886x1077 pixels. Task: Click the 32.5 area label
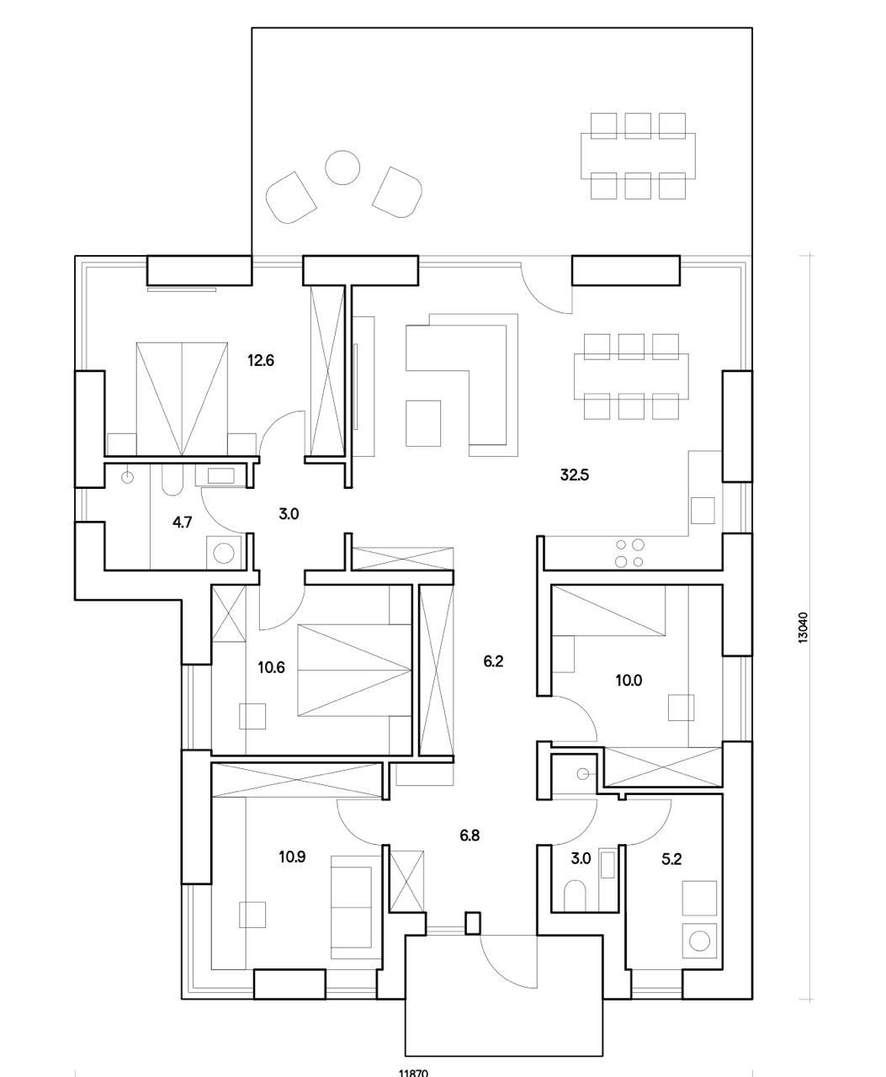coord(575,475)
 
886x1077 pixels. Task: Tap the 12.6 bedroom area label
coord(261,361)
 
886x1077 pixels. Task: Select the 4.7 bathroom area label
coord(183,522)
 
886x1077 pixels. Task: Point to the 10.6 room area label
coord(272,668)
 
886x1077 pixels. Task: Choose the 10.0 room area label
coord(629,681)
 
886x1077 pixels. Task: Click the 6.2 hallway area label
coord(493,661)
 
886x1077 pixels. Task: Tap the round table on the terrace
coord(342,167)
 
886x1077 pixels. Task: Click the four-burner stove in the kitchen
coord(629,553)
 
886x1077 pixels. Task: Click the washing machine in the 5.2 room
coord(699,939)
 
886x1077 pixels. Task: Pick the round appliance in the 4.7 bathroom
coord(224,552)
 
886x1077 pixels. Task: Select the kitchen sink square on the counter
coord(702,510)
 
